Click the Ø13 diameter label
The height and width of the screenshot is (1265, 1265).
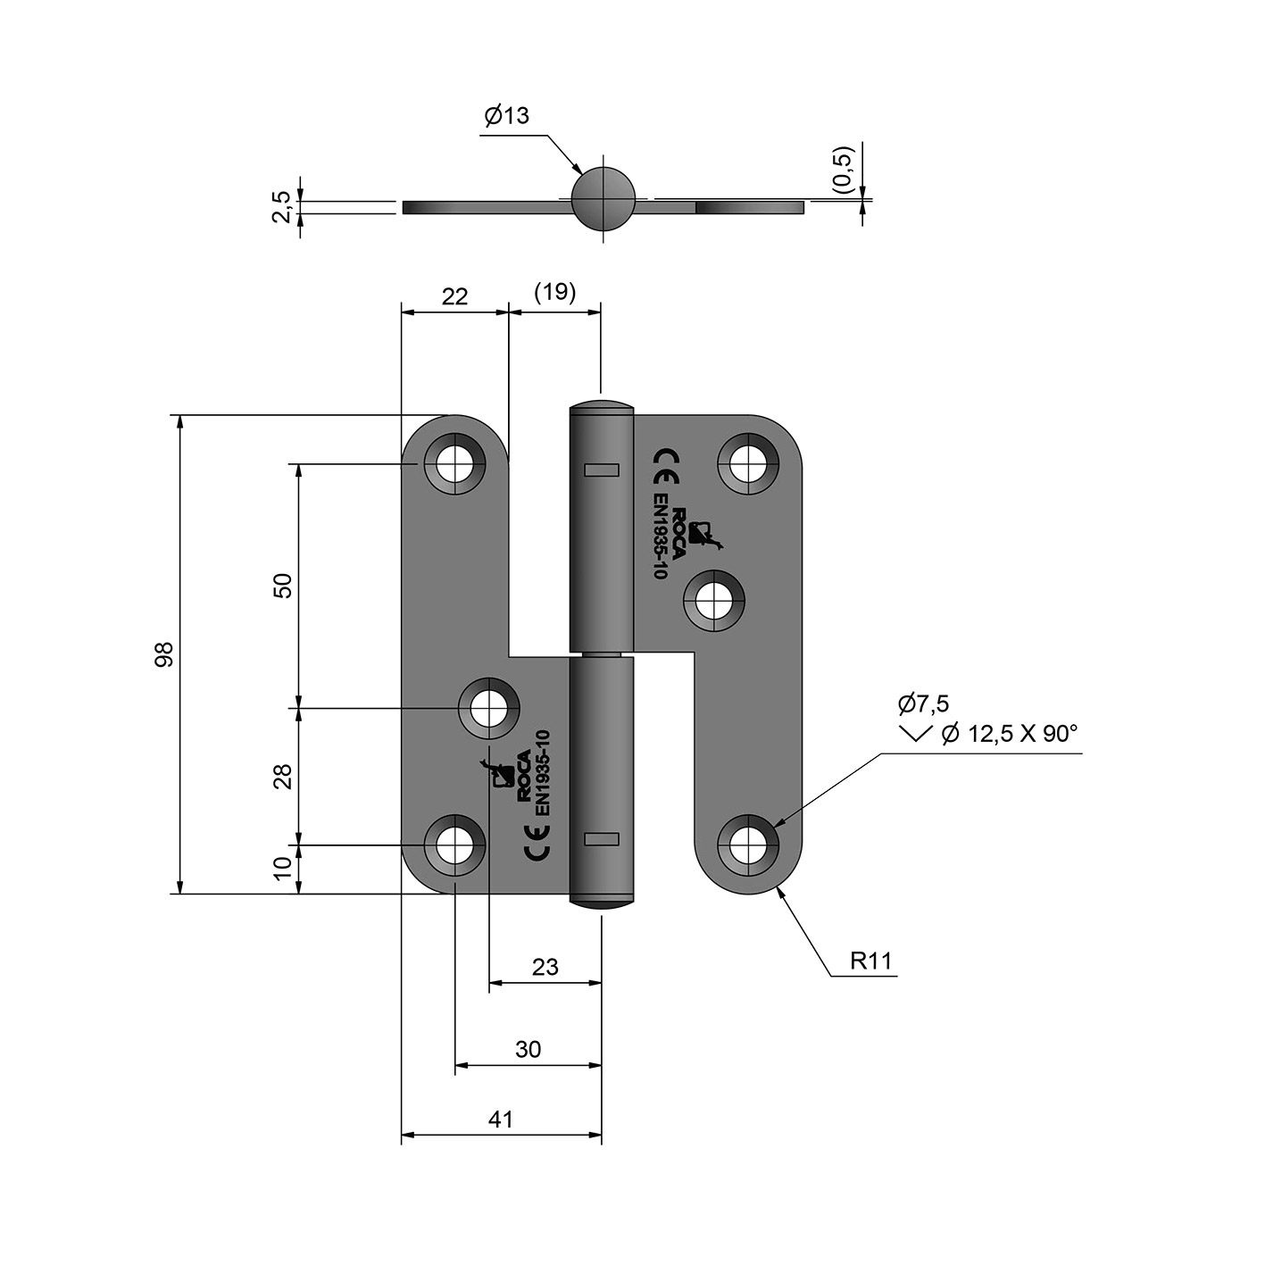[506, 115]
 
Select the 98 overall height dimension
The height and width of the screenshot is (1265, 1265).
[163, 654]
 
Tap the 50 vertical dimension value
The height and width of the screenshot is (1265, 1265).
[282, 585]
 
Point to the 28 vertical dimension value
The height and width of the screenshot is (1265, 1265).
[282, 777]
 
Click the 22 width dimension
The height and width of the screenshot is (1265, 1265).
[454, 296]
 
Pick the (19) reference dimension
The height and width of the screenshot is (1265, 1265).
[554, 292]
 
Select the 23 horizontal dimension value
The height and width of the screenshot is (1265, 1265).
[545, 967]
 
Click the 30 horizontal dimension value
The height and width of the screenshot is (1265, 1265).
[528, 1050]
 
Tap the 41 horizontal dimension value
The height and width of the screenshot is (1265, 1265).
[501, 1119]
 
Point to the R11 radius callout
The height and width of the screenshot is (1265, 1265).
[871, 961]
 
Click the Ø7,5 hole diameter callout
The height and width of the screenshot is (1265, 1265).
[923, 703]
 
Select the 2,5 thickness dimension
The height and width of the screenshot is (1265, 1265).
[280, 207]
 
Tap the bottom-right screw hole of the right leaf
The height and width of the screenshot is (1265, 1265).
[748, 845]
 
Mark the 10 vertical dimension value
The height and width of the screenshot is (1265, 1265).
[282, 868]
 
